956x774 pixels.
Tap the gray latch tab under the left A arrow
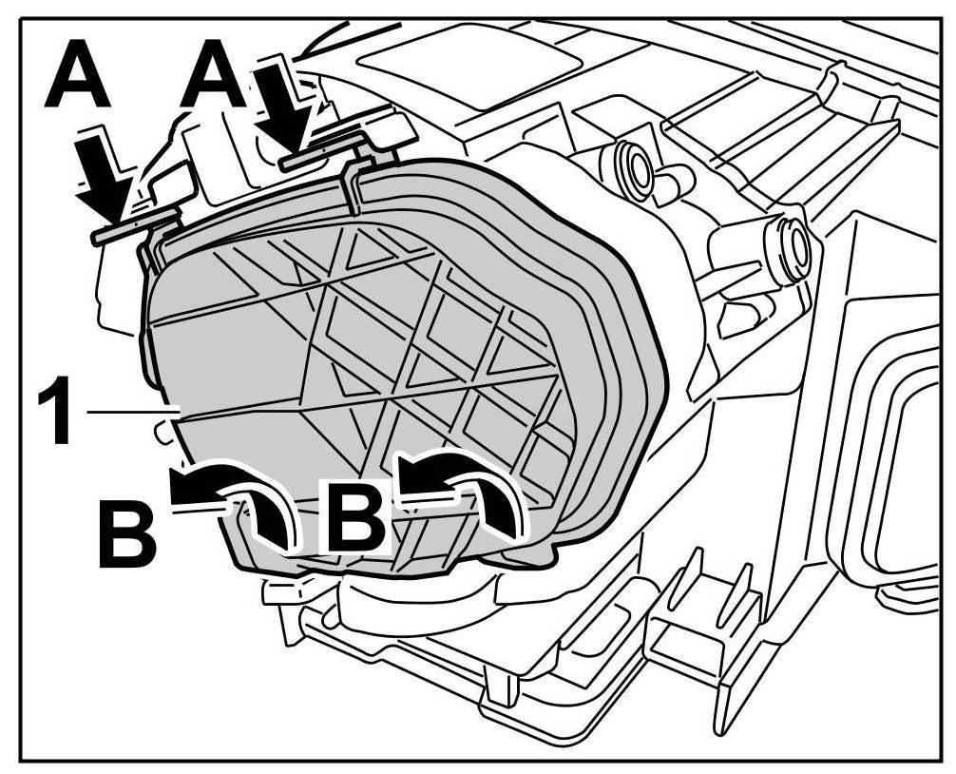click(x=133, y=226)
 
